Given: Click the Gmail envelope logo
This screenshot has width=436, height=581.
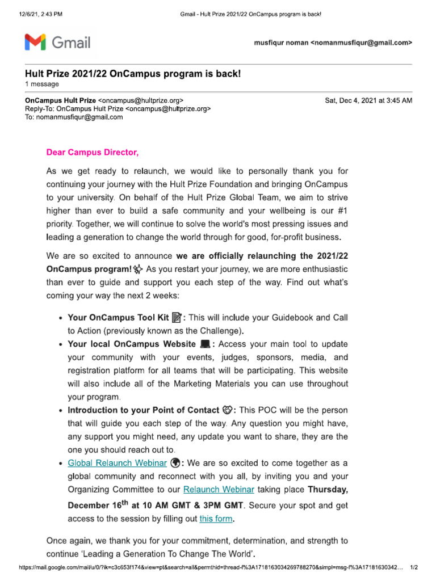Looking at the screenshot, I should click(x=36, y=42).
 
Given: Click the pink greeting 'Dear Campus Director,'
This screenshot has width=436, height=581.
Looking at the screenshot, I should click(x=92, y=153).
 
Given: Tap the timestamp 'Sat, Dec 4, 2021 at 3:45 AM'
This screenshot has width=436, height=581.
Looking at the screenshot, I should click(x=368, y=100).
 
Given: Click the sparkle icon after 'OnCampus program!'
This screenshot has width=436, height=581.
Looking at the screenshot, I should click(x=139, y=268).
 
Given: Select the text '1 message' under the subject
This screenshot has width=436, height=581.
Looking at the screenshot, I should click(x=41, y=85).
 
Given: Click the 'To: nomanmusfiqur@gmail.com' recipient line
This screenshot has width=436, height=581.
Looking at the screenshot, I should click(x=74, y=117).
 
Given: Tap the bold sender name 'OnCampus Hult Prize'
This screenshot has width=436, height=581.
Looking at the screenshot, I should click(x=60, y=100).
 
